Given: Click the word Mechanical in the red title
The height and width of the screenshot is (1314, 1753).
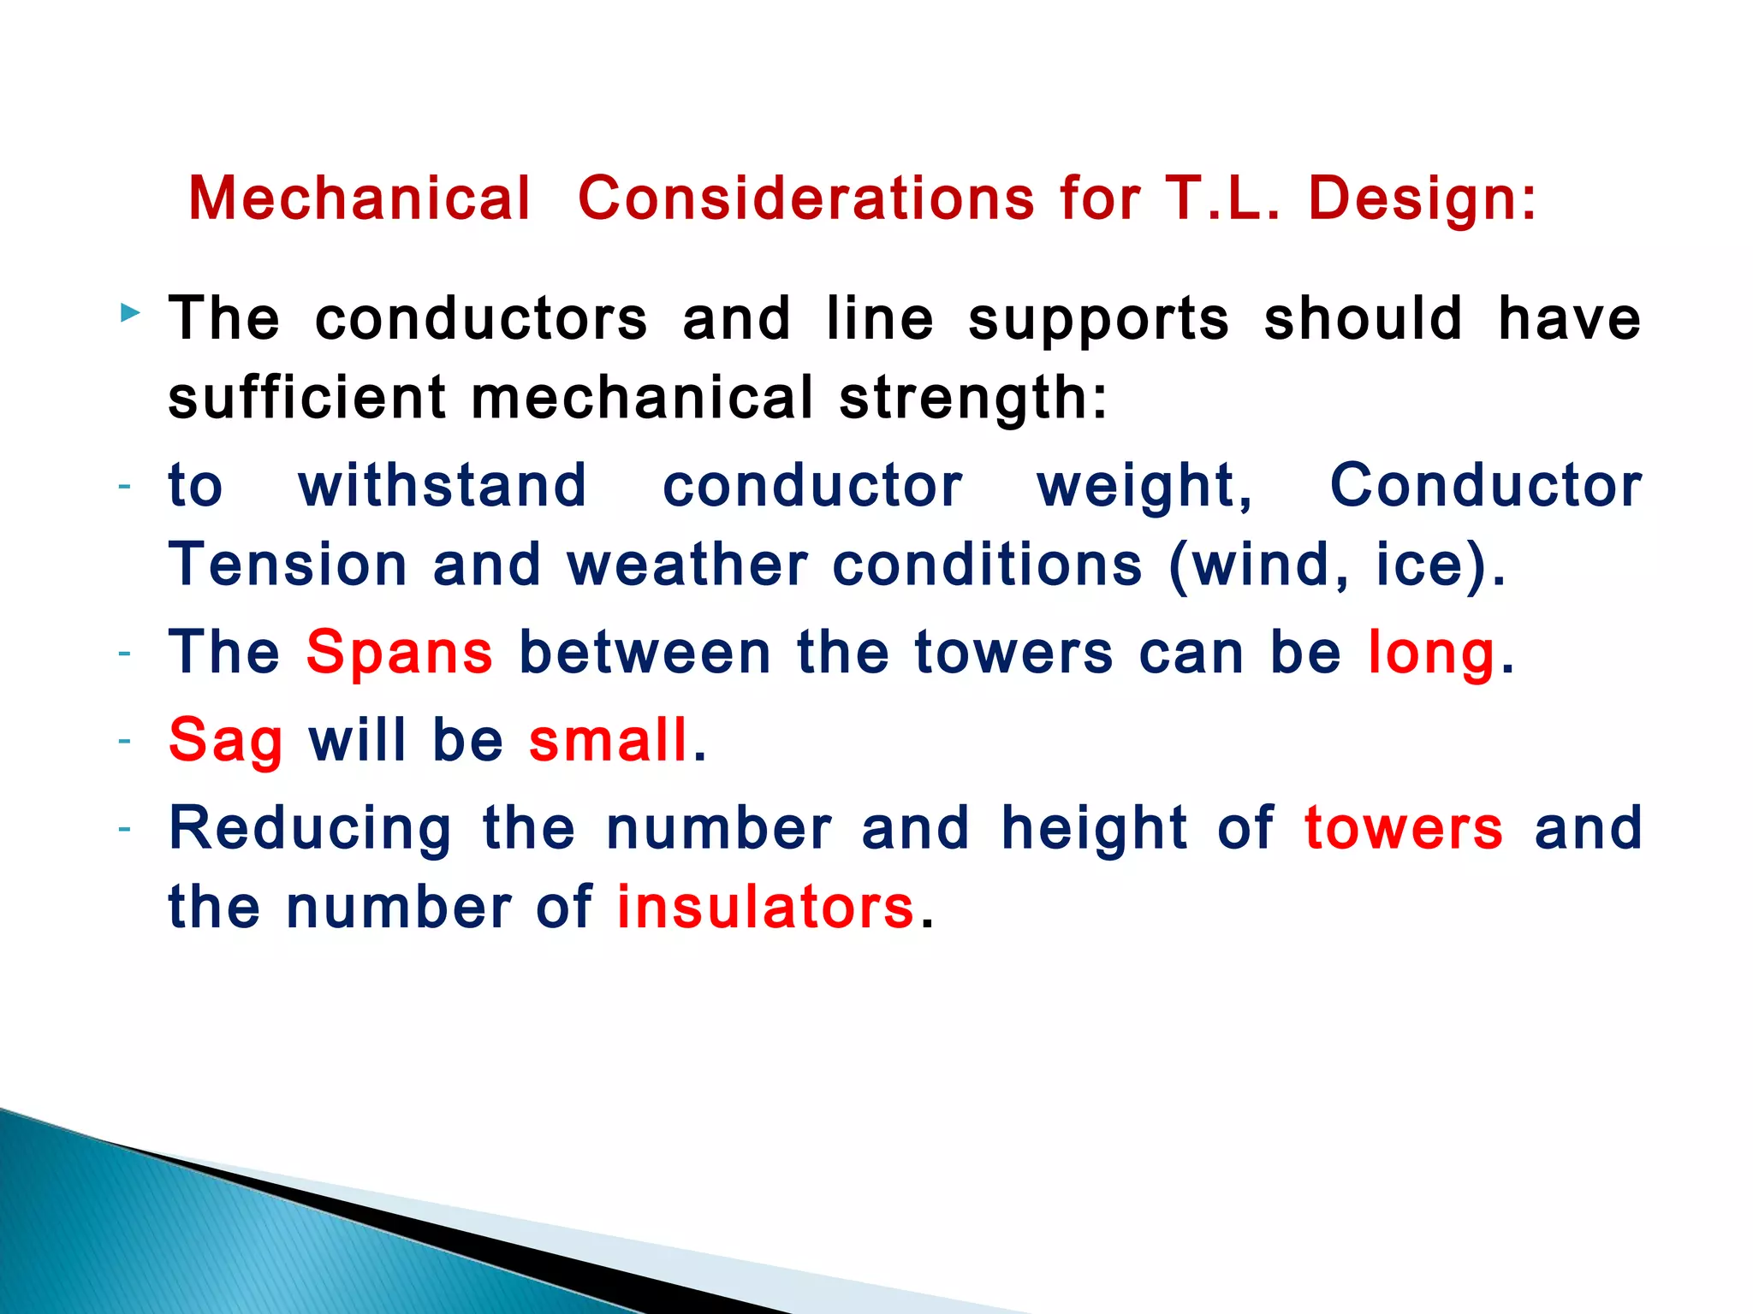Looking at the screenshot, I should coord(360,198).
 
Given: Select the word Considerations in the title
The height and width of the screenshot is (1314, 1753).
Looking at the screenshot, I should coord(806,198).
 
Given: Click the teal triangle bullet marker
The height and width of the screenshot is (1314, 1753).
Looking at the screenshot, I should coord(130,313).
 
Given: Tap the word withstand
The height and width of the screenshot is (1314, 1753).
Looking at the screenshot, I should coord(443,486).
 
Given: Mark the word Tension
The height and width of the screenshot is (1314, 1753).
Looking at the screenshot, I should coord(288,565).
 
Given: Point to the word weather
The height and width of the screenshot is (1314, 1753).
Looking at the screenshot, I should coord(686,565).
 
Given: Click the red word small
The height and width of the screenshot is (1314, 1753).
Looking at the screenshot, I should coord(609,741).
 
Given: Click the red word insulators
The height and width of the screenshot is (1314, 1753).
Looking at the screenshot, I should coord(765,908).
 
